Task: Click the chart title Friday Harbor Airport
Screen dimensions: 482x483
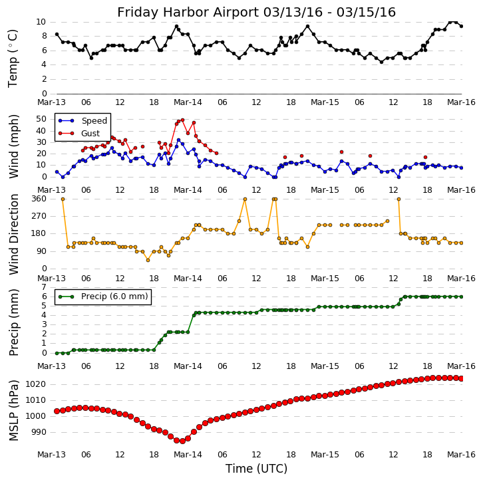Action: tap(256, 13)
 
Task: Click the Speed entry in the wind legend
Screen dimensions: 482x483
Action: tap(94, 121)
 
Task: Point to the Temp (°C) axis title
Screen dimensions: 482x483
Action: tap(13, 58)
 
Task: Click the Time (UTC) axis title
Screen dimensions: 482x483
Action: tap(256, 469)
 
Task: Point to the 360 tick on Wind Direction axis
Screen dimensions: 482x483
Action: tap(39, 199)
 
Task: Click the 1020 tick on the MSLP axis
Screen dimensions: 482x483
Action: tap(36, 384)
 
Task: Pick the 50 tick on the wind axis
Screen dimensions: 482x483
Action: tap(42, 118)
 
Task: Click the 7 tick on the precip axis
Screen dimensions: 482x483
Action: tap(45, 287)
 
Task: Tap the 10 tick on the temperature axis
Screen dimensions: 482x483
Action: tap(42, 22)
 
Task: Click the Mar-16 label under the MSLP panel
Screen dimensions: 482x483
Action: tap(462, 455)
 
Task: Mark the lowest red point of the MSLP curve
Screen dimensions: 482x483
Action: tap(182, 441)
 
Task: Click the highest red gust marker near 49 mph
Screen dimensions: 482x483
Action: tap(182, 120)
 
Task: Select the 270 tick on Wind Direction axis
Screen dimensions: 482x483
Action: tap(39, 216)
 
